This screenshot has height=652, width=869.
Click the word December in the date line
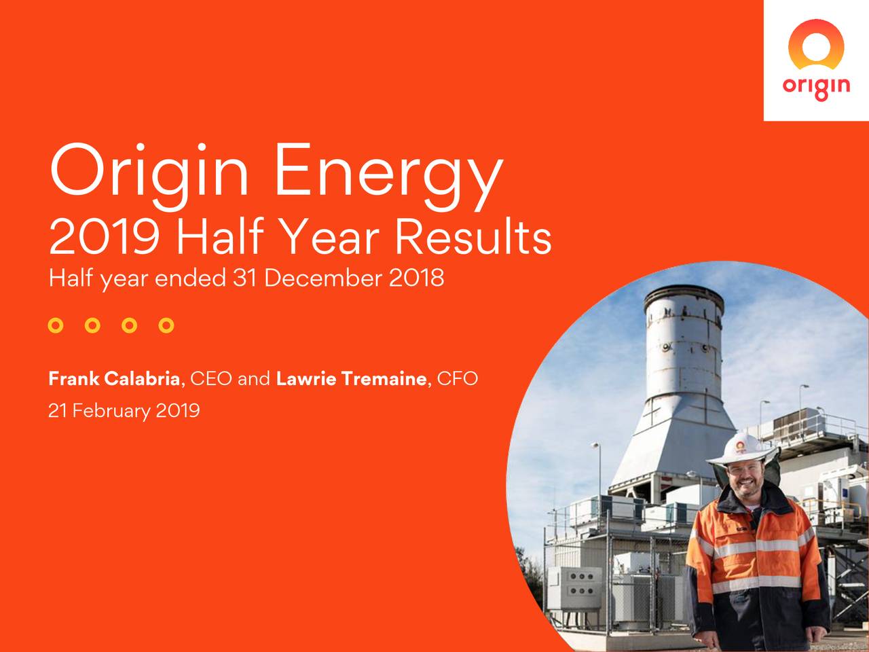point(324,278)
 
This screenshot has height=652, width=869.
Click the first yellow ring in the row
point(56,325)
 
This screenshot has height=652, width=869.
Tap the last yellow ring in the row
point(166,325)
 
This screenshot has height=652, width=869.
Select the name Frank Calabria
point(114,378)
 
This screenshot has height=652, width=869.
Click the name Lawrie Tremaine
point(351,378)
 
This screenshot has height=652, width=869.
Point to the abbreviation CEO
point(210,378)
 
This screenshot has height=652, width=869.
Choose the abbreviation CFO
point(457,378)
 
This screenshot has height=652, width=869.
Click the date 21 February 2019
point(124,411)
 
